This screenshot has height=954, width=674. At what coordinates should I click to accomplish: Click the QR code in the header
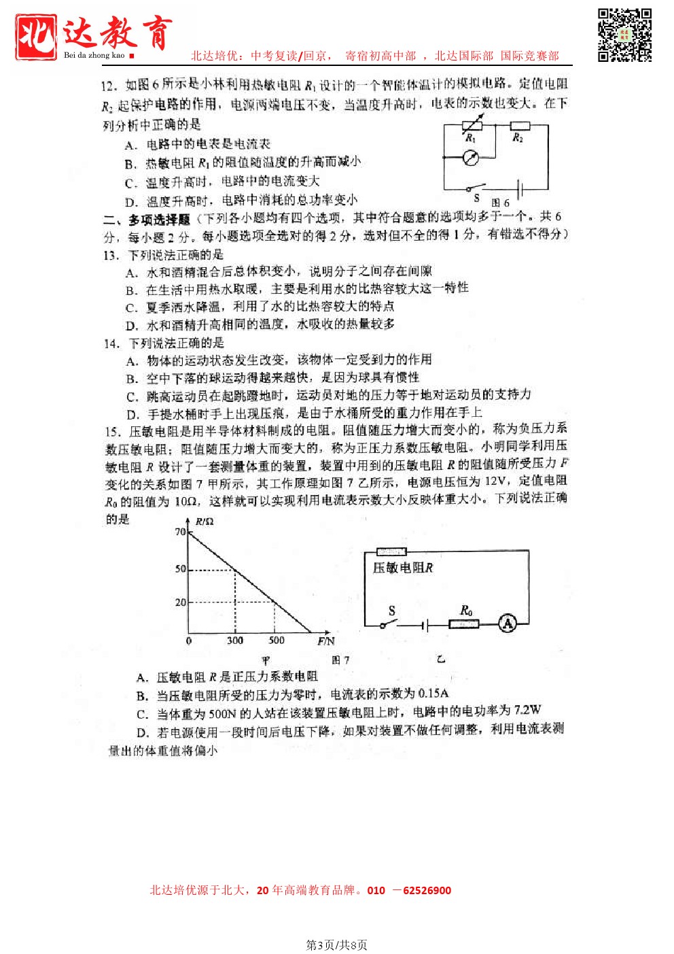(624, 35)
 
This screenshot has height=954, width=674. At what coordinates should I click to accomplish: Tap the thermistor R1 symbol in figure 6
(472, 125)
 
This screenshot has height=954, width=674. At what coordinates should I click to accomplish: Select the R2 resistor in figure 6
(520, 125)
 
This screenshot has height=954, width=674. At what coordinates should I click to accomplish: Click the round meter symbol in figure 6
(471, 158)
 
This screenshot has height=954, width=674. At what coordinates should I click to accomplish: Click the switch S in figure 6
(476, 188)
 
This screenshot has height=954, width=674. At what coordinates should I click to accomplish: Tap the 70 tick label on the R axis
(180, 532)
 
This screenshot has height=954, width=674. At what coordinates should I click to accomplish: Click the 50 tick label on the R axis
(180, 568)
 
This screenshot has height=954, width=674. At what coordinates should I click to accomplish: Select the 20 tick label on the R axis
(180, 602)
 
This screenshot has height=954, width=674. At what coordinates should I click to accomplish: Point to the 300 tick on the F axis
(235, 641)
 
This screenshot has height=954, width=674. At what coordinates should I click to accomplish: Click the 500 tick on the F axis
(277, 641)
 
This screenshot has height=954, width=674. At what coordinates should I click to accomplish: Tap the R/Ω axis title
(205, 522)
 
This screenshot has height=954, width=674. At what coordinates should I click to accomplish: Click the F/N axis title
(325, 641)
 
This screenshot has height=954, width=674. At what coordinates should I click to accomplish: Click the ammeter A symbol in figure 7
(508, 623)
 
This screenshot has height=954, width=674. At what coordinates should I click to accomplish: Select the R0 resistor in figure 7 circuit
(464, 624)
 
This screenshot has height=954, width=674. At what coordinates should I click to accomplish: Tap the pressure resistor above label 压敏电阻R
(391, 551)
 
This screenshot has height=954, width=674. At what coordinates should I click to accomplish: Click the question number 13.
(111, 256)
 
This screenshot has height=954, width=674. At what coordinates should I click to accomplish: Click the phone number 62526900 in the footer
(427, 890)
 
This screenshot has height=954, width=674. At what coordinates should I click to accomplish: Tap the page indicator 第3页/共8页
(337, 944)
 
